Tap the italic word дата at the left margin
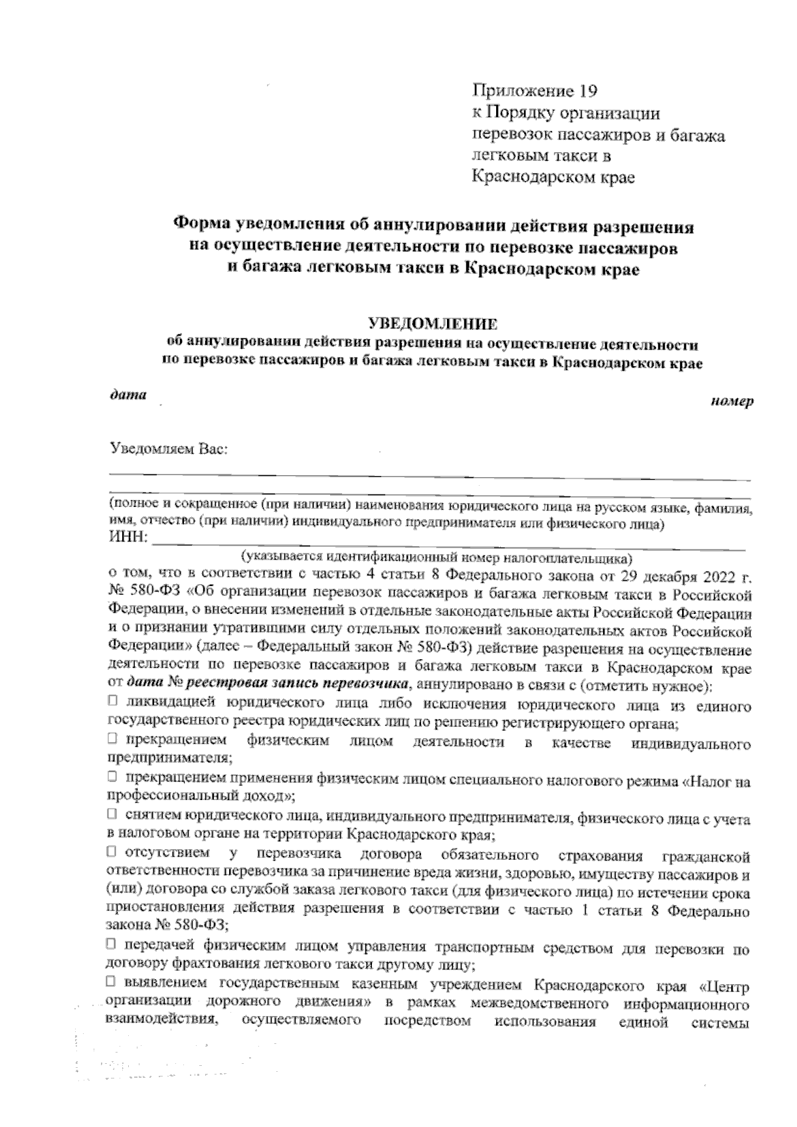[128, 395]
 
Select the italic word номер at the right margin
[732, 402]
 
